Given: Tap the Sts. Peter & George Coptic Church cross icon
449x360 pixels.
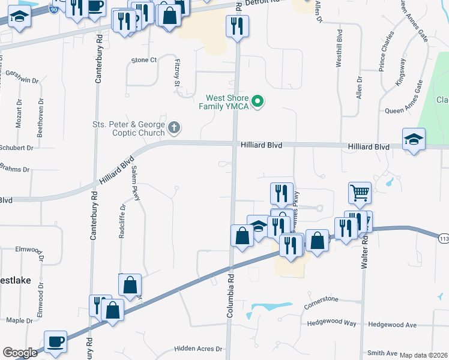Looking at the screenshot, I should [174, 127].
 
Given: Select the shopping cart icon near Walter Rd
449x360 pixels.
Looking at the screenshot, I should [360, 193].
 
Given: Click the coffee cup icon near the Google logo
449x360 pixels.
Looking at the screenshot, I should [56, 341].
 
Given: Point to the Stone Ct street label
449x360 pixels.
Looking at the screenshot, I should [144, 60].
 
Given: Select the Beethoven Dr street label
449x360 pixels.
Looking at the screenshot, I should [40, 115].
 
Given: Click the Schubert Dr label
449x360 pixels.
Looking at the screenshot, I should [16, 148].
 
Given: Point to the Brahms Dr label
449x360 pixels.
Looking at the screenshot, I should [14, 169].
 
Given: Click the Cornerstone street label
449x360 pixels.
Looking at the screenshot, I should [321, 299].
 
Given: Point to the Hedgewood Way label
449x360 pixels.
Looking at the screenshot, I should [331, 323].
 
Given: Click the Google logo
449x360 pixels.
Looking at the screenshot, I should [20, 353].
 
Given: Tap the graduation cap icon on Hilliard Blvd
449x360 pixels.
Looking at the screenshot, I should [414, 140].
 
